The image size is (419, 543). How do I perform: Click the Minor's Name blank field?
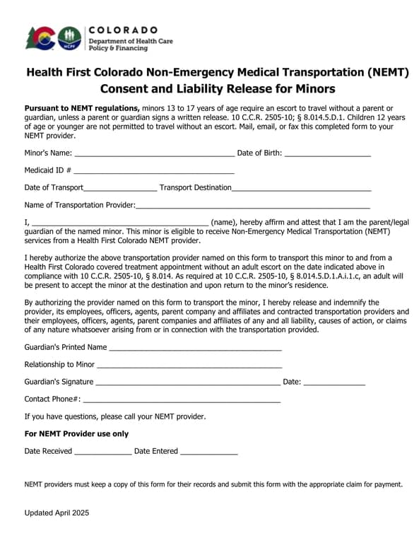pos(154,153)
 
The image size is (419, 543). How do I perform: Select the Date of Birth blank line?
pos(327,153)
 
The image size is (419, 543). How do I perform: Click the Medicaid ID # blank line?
pos(153,170)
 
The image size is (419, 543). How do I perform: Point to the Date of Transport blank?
pos(120,188)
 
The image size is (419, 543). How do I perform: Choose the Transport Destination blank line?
pos(301,188)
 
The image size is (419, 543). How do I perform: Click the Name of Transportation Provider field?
pos(252,206)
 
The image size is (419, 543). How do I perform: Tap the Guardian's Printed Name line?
pos(196,348)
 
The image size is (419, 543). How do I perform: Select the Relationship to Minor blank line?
pos(189,365)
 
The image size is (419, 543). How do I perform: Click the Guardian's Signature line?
pos(188,383)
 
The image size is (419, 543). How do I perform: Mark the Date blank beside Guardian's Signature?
pos(334,383)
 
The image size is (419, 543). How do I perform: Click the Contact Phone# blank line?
pos(182,399)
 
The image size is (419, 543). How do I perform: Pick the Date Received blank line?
pos(102,452)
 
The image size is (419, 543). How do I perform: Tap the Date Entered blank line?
pos(209,452)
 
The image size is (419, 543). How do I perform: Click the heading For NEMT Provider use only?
pos(76,433)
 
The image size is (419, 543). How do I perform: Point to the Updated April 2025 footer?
pos(57,513)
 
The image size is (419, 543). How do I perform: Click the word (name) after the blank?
pos(224,222)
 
